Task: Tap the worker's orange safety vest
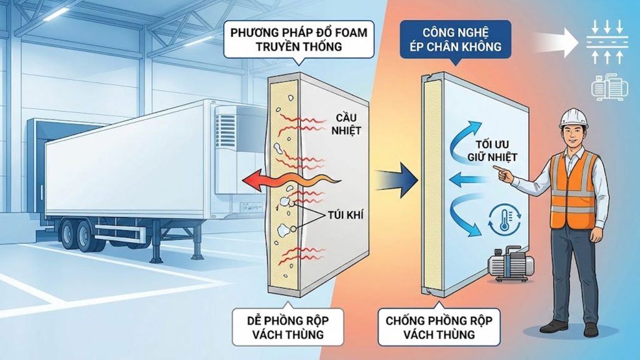573,187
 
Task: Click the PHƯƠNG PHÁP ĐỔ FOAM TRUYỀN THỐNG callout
298,39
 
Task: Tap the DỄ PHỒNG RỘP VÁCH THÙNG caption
288,327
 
